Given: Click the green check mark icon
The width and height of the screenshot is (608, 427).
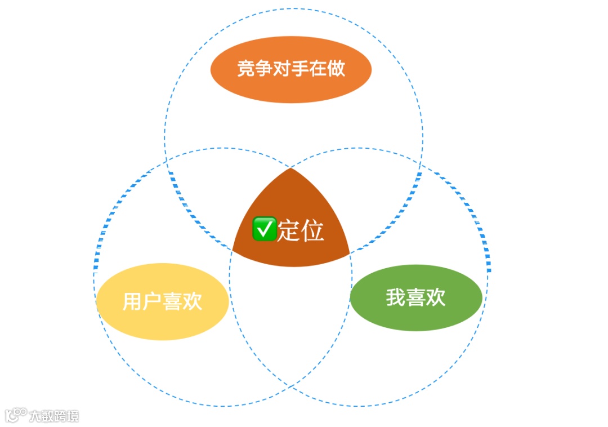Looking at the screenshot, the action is [264, 229].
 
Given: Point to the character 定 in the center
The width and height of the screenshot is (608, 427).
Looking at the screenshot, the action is [288, 230].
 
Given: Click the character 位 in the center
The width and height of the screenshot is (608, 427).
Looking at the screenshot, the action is [312, 230].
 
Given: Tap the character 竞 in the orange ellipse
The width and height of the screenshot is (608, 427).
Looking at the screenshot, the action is [246, 69].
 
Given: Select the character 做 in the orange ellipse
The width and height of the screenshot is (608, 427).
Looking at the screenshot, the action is [336, 69].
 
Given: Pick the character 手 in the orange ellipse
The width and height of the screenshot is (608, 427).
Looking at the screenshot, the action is [300, 69].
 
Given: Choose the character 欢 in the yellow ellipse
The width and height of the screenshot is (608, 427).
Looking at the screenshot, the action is [192, 302].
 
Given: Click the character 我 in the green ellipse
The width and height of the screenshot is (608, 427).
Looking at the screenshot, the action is [396, 297].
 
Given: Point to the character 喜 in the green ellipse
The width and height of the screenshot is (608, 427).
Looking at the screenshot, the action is [416, 297].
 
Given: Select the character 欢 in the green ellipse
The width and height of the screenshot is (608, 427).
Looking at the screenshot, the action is [436, 297].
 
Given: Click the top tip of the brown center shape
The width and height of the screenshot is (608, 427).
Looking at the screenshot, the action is [290, 169].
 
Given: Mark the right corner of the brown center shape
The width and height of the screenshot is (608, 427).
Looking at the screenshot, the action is [348, 251].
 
